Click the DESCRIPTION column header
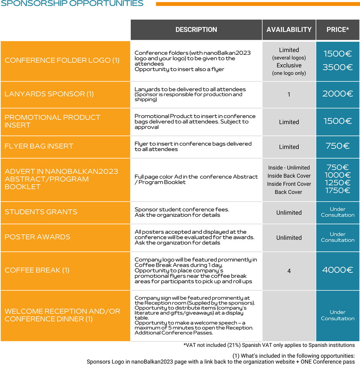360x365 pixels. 196,30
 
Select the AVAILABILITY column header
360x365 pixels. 289,30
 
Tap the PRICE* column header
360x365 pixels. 338,30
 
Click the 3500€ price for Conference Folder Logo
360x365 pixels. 338,67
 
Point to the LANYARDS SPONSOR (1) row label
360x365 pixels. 49,94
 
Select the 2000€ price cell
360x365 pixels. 338,94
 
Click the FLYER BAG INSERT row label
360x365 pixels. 39,146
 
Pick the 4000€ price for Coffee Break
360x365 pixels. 338,270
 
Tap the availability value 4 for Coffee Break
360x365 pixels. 289,271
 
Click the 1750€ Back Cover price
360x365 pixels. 338,191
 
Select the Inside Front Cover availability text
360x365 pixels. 289,184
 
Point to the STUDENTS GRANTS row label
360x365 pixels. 41,212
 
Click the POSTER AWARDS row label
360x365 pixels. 37,237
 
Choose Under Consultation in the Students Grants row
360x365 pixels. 338,212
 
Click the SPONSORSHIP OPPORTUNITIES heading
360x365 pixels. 72,4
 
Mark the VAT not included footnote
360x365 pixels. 269,345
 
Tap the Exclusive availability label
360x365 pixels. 289,65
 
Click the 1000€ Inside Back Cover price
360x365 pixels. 338,175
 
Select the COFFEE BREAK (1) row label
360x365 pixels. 37,270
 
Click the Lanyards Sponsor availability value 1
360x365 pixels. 289,95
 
